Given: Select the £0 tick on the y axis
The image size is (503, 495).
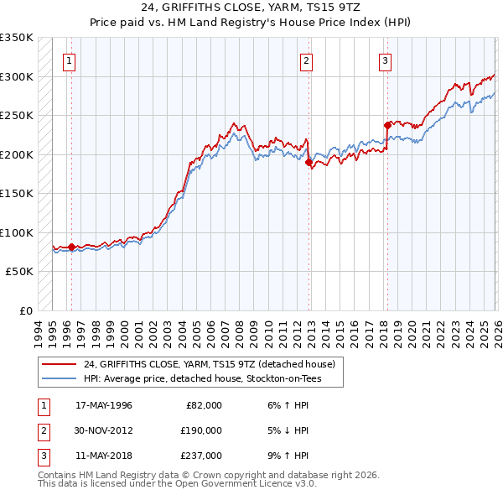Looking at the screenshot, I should point(26,310).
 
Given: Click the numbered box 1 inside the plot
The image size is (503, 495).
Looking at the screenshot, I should point(68,60).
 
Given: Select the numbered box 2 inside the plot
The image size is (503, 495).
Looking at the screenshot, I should point(307,60).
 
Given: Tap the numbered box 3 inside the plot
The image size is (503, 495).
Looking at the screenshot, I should point(385,60).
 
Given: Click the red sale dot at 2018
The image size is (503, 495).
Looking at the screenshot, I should point(386,126).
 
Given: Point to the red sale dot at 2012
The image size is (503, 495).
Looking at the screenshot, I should point(309,162).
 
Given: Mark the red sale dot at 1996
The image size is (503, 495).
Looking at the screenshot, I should point(71,247).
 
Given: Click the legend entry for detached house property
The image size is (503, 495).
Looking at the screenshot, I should point(210,364).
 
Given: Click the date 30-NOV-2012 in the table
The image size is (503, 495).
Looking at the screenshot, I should point(104,430).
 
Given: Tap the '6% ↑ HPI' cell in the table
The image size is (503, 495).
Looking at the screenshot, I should point(286,405).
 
